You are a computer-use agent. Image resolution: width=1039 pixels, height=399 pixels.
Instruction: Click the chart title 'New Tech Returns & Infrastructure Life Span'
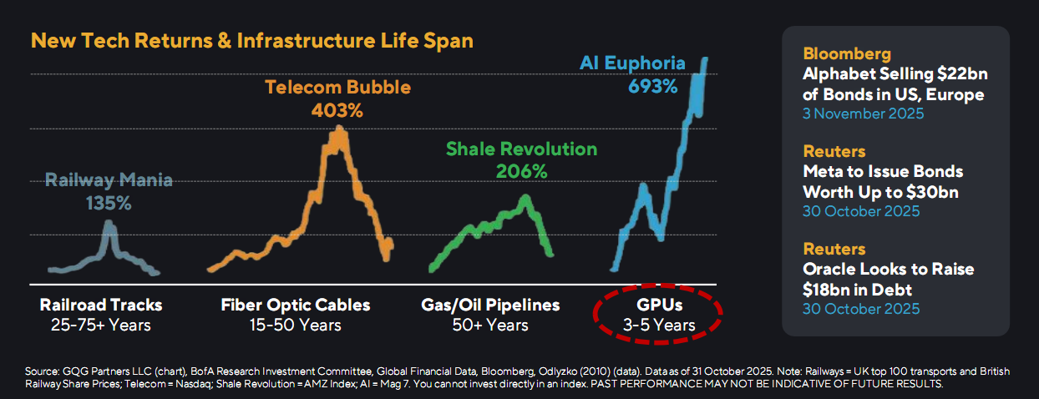(252, 41)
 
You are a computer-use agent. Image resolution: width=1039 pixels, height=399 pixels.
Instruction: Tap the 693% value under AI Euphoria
(652, 87)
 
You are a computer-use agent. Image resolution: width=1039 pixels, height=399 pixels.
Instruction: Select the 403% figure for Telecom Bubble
(337, 111)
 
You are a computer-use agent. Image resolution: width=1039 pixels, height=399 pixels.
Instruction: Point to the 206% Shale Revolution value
(521, 172)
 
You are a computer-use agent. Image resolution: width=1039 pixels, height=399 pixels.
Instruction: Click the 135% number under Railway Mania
(109, 204)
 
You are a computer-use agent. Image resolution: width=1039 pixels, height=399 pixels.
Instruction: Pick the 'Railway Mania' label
(109, 180)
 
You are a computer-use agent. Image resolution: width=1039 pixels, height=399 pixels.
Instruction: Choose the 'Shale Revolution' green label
(521, 149)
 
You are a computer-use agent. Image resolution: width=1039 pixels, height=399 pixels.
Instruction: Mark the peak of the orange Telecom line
(340, 128)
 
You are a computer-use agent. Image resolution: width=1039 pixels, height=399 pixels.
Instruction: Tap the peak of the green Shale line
(525, 196)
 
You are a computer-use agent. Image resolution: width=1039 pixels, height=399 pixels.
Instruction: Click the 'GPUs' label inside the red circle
(659, 305)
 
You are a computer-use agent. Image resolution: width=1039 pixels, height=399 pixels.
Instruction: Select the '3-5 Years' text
(659, 326)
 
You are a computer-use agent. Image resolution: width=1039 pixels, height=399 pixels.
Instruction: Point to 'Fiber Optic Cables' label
(296, 305)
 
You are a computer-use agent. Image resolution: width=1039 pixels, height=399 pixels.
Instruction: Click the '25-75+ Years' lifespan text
(101, 326)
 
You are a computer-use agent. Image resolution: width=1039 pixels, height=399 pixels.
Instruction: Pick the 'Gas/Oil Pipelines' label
(490, 305)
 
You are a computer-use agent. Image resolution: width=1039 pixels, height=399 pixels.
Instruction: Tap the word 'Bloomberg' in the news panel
(847, 53)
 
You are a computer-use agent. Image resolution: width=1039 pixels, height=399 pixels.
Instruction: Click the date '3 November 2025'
(864, 114)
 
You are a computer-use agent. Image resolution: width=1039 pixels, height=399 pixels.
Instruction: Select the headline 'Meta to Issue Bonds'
(883, 171)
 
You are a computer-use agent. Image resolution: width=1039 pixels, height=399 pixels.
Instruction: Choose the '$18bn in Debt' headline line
(857, 290)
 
